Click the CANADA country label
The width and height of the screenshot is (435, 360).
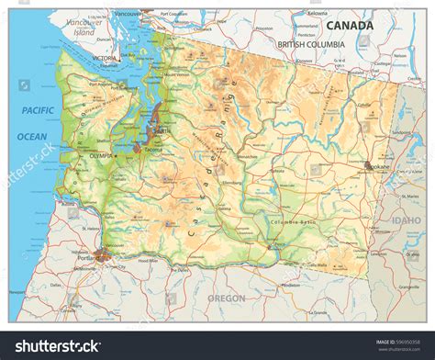(352, 25)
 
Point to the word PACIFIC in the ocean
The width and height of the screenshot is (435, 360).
(37, 110)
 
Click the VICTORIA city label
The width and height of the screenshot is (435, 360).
(105, 58)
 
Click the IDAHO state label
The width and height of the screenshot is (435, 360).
(404, 220)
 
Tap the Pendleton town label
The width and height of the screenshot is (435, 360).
(292, 285)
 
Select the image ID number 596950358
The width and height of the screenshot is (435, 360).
(409, 341)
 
